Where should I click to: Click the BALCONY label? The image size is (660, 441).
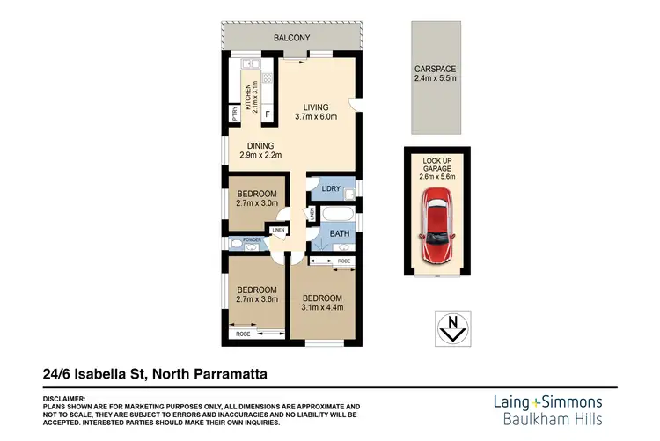pos(291,38)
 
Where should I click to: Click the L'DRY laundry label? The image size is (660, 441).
pos(331,189)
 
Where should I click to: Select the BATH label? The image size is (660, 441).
pos(341,233)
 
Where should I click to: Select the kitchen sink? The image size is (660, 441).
pos(246,64)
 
